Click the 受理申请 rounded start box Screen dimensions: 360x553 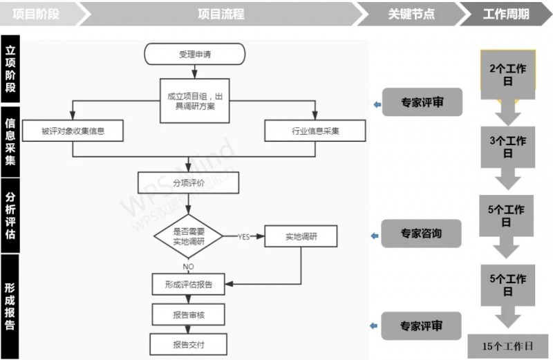[x=195, y=54]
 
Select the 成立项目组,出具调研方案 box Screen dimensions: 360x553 [x=195, y=101]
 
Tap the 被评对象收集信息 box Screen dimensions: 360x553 [x=73, y=131]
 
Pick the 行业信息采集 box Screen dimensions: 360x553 [x=316, y=131]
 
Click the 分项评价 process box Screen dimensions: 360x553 [x=189, y=182]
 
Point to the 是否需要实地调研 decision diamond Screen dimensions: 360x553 [x=188, y=236]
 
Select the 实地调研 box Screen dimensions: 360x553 [x=301, y=236]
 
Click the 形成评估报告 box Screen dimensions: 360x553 [x=189, y=284]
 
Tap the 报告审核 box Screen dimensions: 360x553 [x=189, y=314]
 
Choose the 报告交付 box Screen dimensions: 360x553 [x=189, y=344]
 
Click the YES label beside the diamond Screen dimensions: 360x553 [x=243, y=237]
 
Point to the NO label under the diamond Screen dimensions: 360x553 [x=188, y=265]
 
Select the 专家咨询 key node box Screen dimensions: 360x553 [x=421, y=234]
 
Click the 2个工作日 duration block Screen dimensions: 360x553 [x=508, y=74]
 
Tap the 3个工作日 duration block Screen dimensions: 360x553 [x=508, y=146]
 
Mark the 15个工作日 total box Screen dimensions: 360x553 [x=508, y=345]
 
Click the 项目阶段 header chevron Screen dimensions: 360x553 [x=38, y=14]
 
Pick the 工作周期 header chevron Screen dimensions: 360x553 [x=506, y=14]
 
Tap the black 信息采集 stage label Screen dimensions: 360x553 [x=10, y=141]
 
